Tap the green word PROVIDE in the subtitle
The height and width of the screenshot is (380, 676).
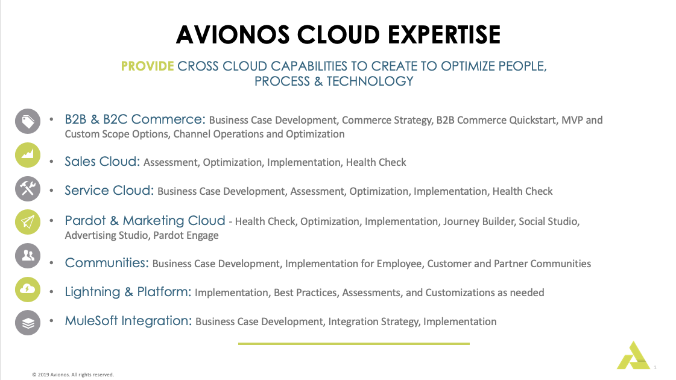click(147, 66)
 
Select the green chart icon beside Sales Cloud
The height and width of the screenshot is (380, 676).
click(28, 156)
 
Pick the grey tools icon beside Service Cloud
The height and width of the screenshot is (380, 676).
click(28, 189)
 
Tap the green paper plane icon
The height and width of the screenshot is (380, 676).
click(28, 223)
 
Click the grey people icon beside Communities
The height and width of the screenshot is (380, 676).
click(28, 256)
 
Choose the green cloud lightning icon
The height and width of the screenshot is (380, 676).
click(28, 290)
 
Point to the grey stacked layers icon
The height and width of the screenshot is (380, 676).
click(28, 323)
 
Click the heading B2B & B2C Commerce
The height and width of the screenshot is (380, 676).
click(135, 119)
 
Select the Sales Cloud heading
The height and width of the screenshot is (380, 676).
click(103, 162)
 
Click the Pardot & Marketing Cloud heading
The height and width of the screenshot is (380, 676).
click(145, 221)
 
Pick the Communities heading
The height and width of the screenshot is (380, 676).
click(107, 263)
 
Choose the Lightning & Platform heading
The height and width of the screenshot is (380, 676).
click(128, 292)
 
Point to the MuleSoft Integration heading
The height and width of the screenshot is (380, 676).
click(128, 321)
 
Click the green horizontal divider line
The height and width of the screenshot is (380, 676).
click(353, 344)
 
